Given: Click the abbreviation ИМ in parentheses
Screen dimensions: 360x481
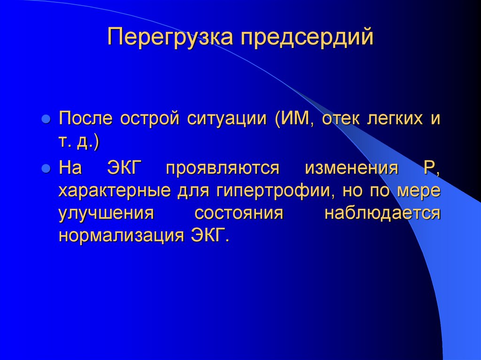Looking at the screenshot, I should (x=297, y=119).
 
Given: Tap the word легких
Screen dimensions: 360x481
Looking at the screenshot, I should (x=393, y=119).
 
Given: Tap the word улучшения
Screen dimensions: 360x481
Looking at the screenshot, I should (x=107, y=213).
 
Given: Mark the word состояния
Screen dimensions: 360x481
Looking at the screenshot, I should (x=239, y=213).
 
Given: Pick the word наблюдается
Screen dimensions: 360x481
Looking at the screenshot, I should (x=382, y=213).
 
